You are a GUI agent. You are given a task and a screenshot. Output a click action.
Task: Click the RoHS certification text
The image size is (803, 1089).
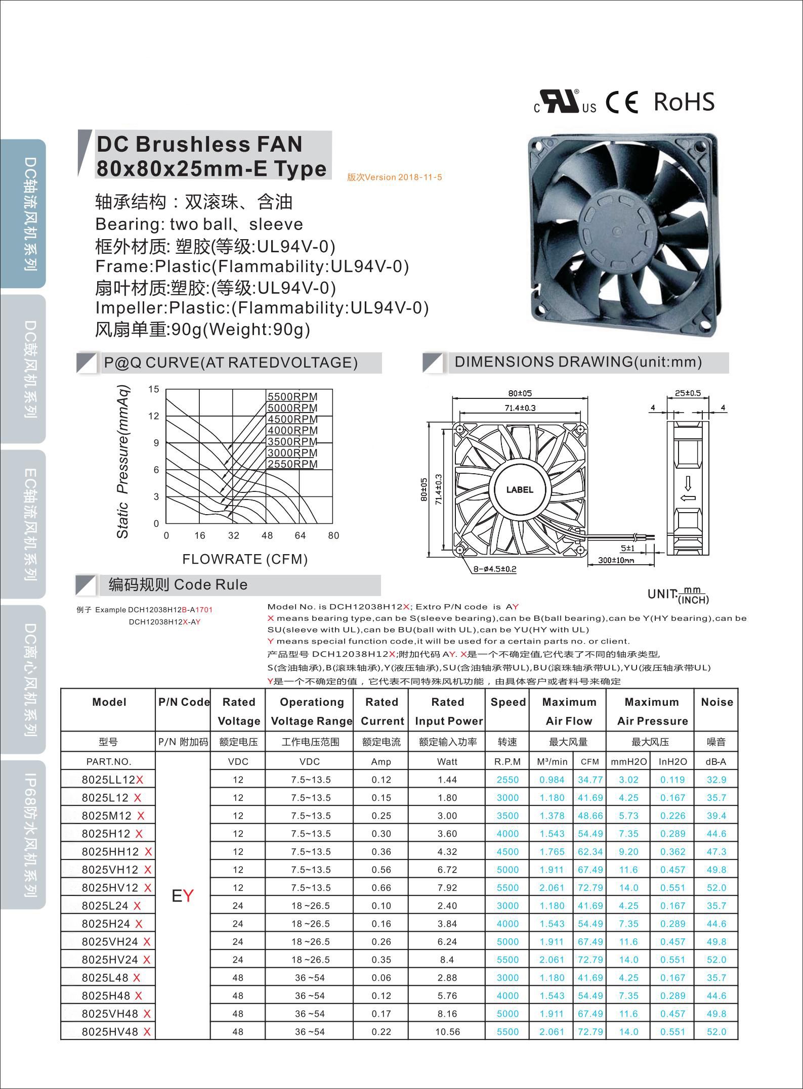[684, 102]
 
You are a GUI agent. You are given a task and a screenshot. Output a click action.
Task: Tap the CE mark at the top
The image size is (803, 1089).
[622, 102]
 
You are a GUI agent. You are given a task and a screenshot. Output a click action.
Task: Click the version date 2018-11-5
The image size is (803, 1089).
[395, 177]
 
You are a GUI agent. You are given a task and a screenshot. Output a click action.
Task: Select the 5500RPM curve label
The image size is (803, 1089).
[292, 397]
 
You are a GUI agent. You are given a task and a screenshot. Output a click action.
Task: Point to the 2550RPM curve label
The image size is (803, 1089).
[292, 464]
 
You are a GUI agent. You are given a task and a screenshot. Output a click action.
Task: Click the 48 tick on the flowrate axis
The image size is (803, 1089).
[267, 536]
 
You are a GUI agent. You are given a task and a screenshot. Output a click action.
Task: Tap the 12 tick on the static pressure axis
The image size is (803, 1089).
[154, 416]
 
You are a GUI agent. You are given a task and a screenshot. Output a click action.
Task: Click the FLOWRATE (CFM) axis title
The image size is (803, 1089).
[245, 559]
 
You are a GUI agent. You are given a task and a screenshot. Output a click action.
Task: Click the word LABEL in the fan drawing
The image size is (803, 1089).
[520, 489]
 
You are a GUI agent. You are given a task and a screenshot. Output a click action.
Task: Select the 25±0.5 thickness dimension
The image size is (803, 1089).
[688, 393]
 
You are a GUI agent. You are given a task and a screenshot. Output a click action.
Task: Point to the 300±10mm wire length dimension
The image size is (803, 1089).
[616, 560]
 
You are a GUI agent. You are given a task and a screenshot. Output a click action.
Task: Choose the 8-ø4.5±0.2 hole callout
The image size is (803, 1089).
[494, 569]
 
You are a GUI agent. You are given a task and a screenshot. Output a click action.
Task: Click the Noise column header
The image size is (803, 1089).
[716, 702]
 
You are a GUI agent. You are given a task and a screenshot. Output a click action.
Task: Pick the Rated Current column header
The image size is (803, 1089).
[382, 711]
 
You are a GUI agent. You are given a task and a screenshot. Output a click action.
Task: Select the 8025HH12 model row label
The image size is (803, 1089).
[110, 852]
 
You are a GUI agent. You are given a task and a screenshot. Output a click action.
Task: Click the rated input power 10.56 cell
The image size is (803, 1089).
[447, 1032]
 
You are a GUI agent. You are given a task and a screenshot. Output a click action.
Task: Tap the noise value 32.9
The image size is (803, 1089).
[716, 780]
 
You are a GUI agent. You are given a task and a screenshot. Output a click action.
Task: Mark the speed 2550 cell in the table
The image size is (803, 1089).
[508, 780]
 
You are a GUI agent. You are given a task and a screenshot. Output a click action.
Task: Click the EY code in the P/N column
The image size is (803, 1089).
[182, 896]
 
